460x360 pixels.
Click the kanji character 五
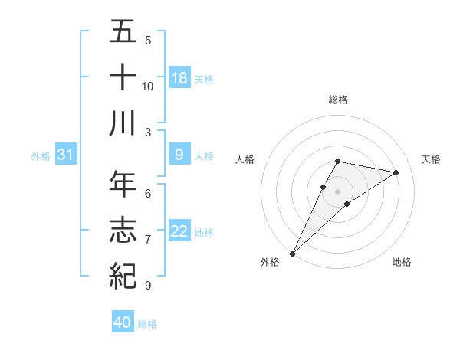click(123, 32)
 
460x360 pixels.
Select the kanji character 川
click(123, 123)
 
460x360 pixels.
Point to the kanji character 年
click(123, 184)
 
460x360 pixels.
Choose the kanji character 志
click(123, 230)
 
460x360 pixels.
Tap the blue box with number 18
click(179, 78)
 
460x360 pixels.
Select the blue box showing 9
click(179, 155)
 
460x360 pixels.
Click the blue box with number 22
click(179, 232)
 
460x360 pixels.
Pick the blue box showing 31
click(66, 155)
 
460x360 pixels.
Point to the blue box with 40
click(123, 322)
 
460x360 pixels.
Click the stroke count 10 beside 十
click(148, 86)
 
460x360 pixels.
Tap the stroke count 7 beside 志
click(148, 240)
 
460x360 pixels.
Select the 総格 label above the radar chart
click(338, 100)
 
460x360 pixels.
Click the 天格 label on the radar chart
click(432, 159)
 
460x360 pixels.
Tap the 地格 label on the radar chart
click(402, 262)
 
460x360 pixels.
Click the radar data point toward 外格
click(292, 253)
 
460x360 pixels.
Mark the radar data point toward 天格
click(396, 172)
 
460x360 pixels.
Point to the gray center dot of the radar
click(338, 191)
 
